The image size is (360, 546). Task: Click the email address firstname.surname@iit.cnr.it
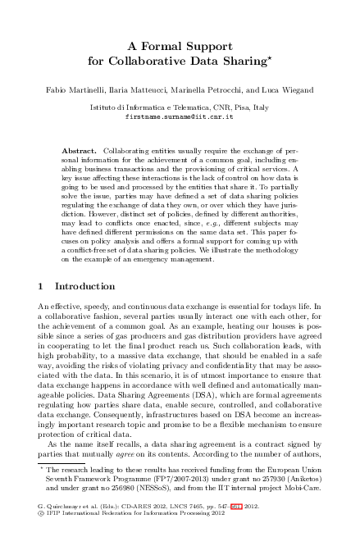(180, 117)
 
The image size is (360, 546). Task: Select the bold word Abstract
(80, 152)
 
